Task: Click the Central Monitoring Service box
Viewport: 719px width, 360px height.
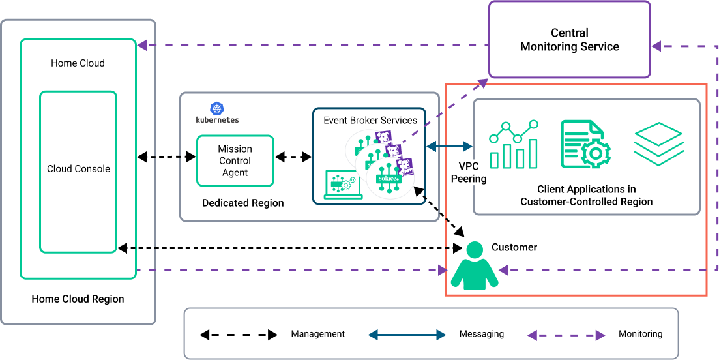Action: point(569,40)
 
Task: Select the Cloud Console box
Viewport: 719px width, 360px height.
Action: point(78,171)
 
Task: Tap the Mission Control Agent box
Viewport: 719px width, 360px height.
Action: point(235,160)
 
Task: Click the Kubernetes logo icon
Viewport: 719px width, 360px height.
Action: point(217,109)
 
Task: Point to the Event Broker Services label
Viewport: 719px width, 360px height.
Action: point(370,120)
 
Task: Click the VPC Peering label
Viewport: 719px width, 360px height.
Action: point(469,172)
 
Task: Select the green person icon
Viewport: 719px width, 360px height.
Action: point(475,266)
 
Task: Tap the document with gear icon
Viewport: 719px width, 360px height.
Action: point(585,144)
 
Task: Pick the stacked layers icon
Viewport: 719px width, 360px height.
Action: point(658,143)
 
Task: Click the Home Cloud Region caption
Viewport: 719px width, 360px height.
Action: point(78,299)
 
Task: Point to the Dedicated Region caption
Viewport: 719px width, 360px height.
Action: point(242,203)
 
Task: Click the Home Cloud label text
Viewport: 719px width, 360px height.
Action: point(78,63)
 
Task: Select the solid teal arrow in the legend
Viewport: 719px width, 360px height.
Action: point(407,335)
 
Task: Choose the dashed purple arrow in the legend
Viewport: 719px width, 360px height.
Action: point(566,335)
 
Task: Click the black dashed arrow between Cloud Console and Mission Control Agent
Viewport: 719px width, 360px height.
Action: point(166,157)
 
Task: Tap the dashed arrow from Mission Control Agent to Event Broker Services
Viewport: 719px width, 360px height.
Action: point(293,157)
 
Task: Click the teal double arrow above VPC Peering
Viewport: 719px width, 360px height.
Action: point(450,147)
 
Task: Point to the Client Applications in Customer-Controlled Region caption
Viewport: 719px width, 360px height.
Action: point(586,196)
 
